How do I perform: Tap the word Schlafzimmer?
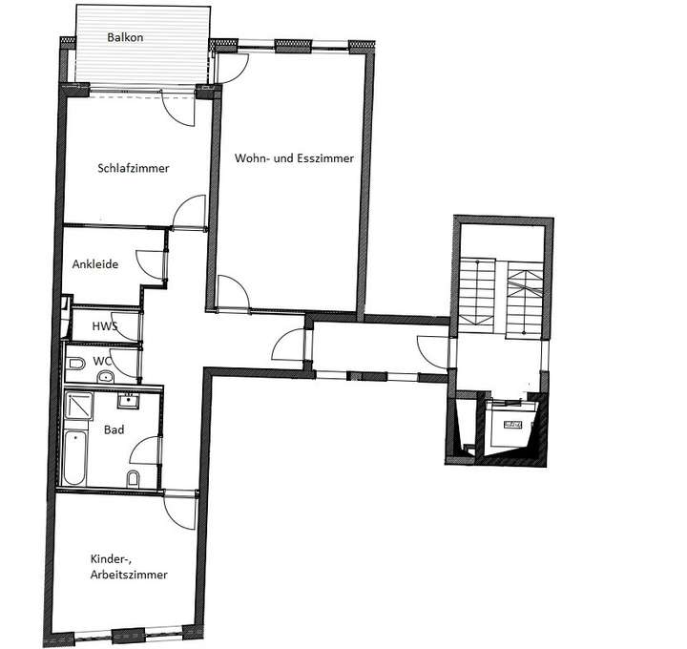[x=134, y=168]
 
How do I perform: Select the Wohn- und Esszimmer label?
[x=295, y=159]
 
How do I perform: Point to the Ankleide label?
[x=95, y=264]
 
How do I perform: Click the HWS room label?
[x=104, y=326]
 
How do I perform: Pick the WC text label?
[x=101, y=362]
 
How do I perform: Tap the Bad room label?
[x=114, y=430]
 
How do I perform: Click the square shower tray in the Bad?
[x=80, y=408]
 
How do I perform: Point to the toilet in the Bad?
[x=135, y=477]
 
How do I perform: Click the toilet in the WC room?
[x=76, y=363]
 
